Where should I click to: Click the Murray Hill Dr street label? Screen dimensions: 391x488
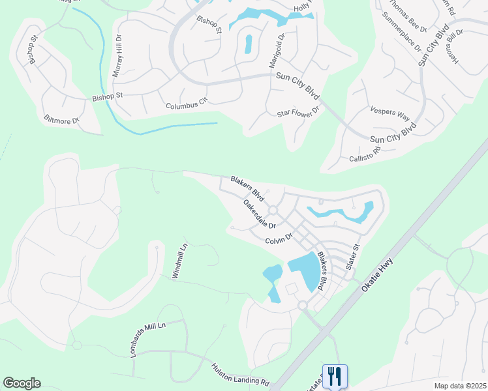(118, 57)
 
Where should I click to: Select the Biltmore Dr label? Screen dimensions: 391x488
(61, 120)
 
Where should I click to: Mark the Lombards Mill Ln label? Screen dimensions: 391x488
(149, 339)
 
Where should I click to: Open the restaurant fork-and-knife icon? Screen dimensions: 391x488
(335, 376)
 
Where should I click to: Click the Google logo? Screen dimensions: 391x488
(22, 383)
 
